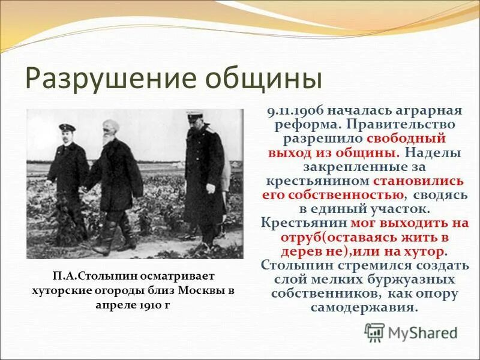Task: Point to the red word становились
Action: pos(418,181)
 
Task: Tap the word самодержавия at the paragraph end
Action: pos(364,307)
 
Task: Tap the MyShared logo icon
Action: pos(375,332)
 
